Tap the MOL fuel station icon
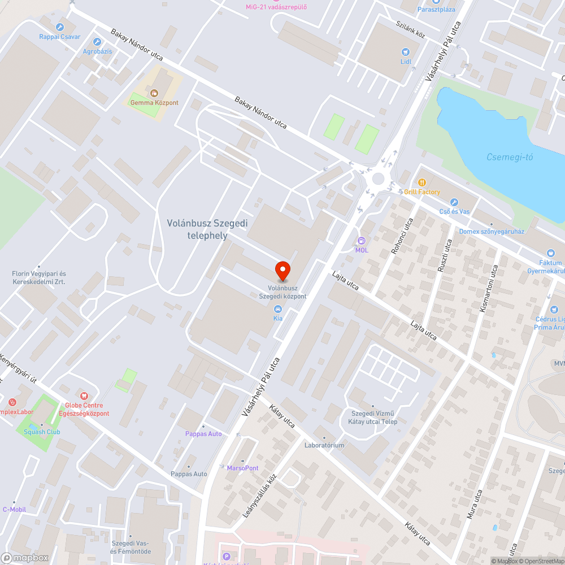(x=362, y=240)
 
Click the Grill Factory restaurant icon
(x=421, y=182)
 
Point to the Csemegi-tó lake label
(x=510, y=157)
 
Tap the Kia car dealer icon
(x=278, y=308)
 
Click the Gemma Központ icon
(x=154, y=93)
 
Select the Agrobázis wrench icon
(x=97, y=42)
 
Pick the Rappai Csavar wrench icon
(x=60, y=27)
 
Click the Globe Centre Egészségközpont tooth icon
(x=84, y=395)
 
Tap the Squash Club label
(x=38, y=432)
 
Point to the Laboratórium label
(x=324, y=445)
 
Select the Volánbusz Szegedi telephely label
(x=207, y=229)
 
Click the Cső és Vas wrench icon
(x=453, y=202)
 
